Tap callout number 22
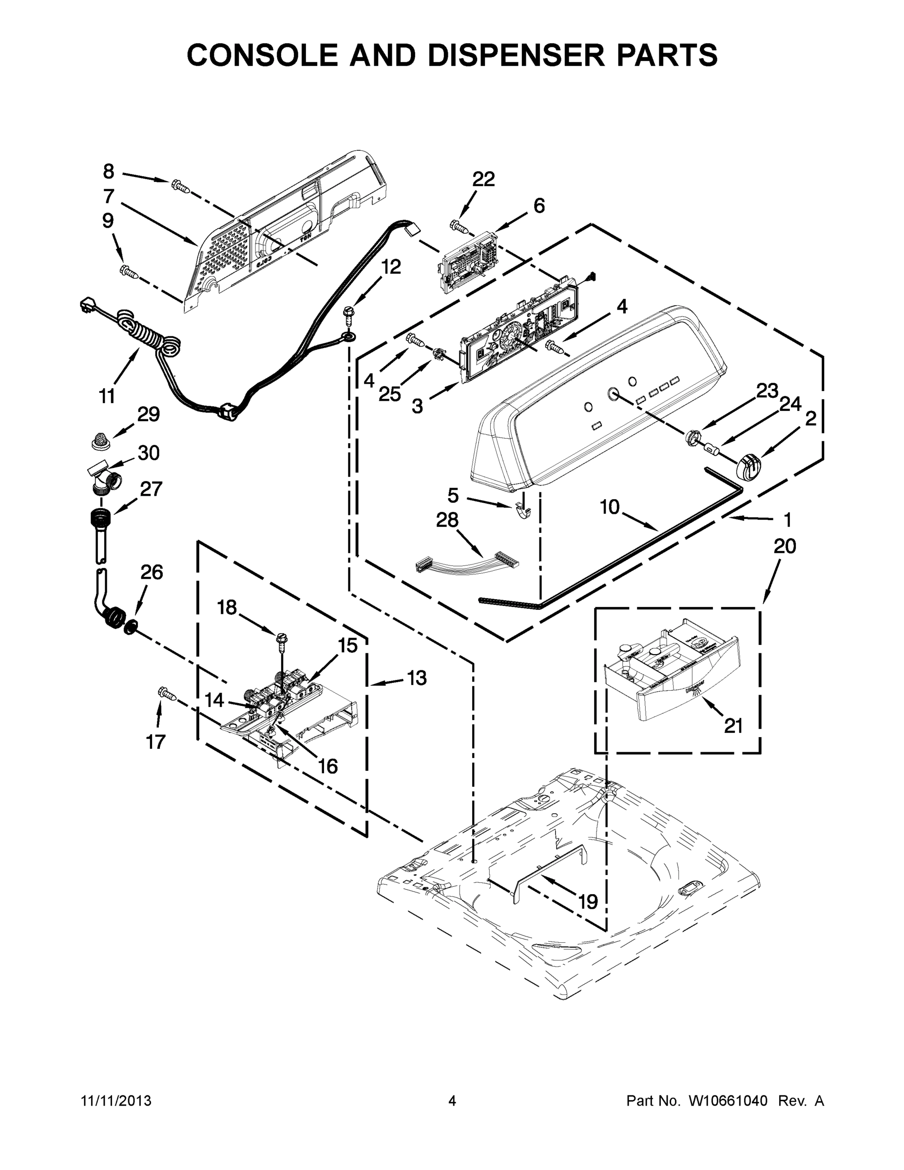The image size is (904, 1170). tap(483, 179)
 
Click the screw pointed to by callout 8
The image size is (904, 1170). tap(180, 186)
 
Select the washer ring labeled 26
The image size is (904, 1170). tap(130, 626)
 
